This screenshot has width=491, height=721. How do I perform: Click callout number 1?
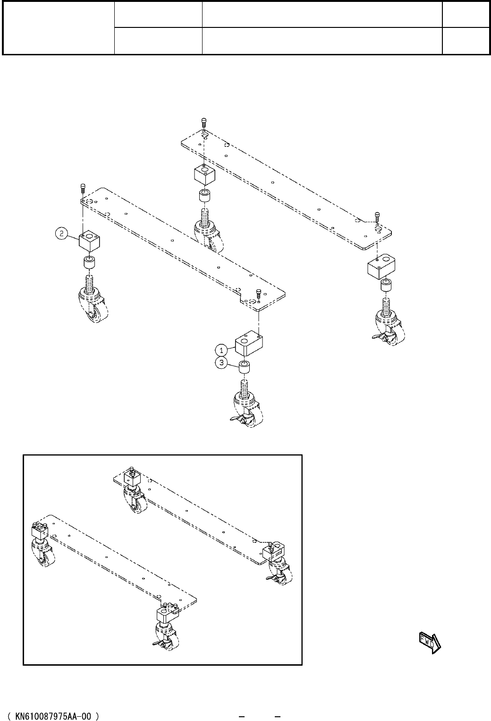coord(220,350)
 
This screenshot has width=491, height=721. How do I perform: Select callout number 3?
coord(220,363)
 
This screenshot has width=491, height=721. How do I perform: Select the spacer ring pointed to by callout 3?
coord(245,367)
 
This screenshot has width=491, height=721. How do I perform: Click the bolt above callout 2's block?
coord(83,188)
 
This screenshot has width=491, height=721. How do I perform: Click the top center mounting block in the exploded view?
coord(204,175)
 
